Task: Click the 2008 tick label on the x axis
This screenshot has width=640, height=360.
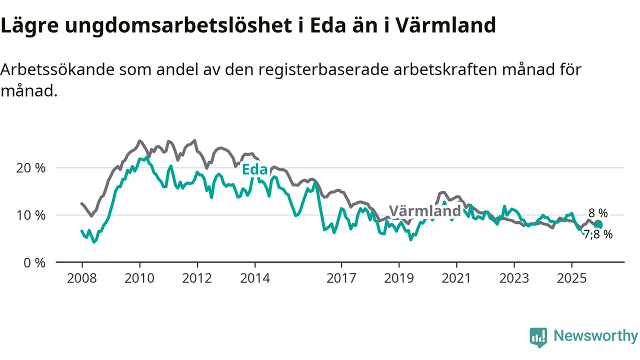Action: (82, 278)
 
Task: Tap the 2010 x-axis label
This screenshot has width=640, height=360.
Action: (139, 278)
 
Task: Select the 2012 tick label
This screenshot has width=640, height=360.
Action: (197, 278)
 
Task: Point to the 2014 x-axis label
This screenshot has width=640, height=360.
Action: (254, 278)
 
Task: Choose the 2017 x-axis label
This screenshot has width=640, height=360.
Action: (341, 278)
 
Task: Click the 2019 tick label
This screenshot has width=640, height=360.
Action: (399, 278)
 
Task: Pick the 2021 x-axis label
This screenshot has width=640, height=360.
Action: (456, 278)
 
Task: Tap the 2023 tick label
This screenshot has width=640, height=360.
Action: (514, 278)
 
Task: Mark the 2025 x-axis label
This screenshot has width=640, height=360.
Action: (572, 278)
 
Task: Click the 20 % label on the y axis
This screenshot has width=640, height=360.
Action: (31, 168)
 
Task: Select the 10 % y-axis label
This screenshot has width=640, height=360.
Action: (31, 215)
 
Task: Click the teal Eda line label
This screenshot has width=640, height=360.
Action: (254, 169)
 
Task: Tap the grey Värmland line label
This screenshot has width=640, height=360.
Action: (424, 211)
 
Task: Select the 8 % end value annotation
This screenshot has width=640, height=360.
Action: (598, 213)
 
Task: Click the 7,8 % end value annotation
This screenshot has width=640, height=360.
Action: (598, 234)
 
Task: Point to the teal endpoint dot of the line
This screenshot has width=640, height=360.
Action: (598, 225)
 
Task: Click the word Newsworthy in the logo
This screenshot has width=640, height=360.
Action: (595, 336)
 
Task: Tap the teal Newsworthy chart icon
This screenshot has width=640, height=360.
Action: (538, 337)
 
